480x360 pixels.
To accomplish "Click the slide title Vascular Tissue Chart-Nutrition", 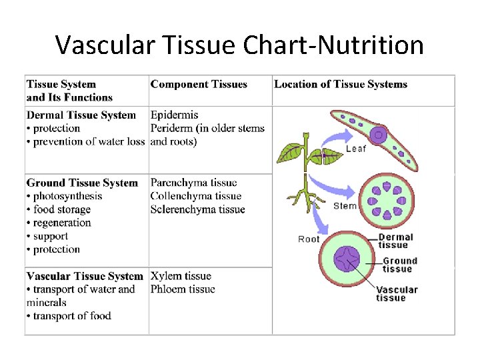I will (239, 45).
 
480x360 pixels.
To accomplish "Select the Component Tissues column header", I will (199, 85).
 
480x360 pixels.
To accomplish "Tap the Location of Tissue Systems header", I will (341, 85).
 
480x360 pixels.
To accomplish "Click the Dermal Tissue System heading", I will (81, 115).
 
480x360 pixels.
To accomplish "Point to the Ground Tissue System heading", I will (82, 183).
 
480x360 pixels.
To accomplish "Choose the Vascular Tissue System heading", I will (85, 276).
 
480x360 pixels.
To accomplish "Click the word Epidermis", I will (174, 115).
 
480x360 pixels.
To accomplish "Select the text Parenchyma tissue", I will (193, 183).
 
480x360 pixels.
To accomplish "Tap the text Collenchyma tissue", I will (195, 196).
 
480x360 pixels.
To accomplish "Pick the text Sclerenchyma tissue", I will (197, 209).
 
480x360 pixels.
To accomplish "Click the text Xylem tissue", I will (181, 276).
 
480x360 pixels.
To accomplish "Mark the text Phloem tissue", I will (183, 289).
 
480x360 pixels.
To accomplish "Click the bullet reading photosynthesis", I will (67, 196).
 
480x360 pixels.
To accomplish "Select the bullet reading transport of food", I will (71, 316).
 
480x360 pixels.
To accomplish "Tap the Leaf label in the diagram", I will (355, 149).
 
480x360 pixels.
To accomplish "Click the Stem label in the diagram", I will (345, 206).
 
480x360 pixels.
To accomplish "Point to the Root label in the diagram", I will (309, 239).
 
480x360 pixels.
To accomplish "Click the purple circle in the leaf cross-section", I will (379, 135).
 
